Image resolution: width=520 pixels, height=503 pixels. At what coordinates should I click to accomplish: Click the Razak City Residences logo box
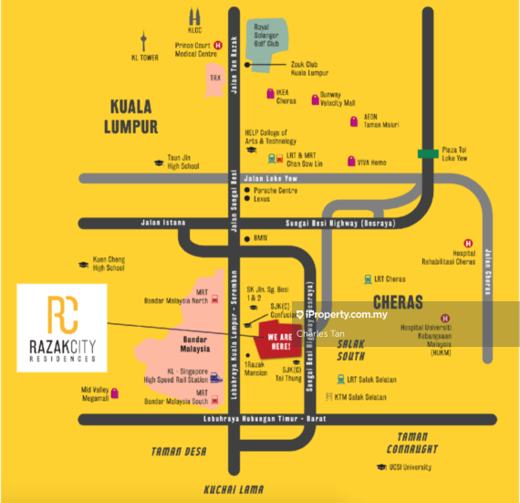click(62, 327)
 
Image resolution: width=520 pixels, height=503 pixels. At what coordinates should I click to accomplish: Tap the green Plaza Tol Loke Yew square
click(424, 154)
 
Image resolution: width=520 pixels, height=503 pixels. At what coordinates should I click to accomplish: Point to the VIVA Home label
click(371, 162)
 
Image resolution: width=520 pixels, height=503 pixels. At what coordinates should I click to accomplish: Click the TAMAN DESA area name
click(180, 451)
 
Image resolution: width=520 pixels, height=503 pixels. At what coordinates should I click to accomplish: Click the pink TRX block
click(215, 79)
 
